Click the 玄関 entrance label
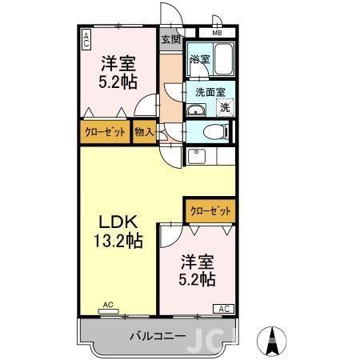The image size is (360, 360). pos(170,38)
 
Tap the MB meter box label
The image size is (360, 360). pos(216,33)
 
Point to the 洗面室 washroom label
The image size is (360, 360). pos(210,91)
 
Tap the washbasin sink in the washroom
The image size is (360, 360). pos(197,110)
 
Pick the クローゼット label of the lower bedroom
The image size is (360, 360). pos(210,210)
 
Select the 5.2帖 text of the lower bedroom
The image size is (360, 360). pos(197,279)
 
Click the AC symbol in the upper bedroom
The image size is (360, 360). pos(86,39)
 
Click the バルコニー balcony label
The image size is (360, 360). pos(158,336)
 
